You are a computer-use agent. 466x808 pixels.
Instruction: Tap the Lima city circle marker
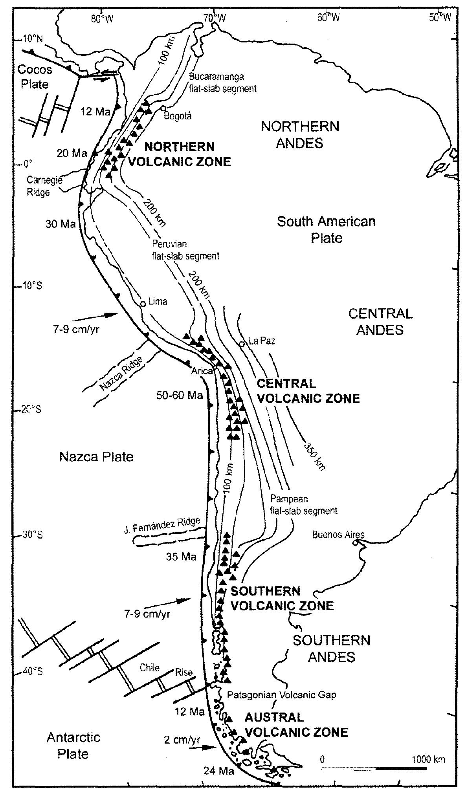pyautogui.click(x=143, y=304)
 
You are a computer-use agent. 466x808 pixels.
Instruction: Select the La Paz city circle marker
pyautogui.click(x=242, y=344)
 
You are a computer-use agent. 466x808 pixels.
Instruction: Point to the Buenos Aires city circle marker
pyautogui.click(x=355, y=542)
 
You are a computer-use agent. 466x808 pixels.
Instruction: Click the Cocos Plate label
pyautogui.click(x=35, y=77)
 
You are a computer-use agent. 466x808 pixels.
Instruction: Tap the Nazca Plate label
pyautogui.click(x=96, y=456)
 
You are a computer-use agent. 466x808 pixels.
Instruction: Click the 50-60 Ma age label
pyautogui.click(x=180, y=395)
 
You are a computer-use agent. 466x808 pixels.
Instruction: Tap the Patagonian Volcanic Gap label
pyautogui.click(x=282, y=695)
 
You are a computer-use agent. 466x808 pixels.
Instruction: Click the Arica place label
pyautogui.click(x=202, y=370)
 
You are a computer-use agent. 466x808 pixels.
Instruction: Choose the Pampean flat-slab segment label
pyautogui.click(x=303, y=505)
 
